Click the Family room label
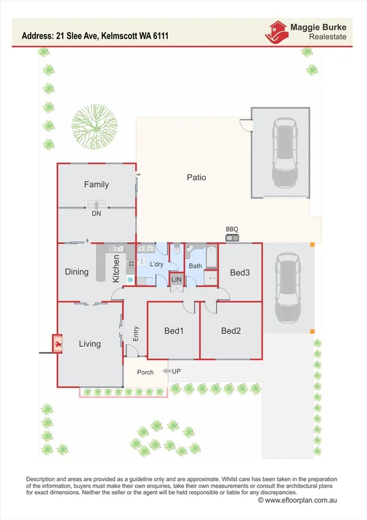(x=96, y=185)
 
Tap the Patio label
(x=196, y=178)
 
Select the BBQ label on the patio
(x=232, y=229)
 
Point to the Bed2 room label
(x=231, y=331)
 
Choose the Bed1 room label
(x=174, y=331)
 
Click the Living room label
(x=89, y=344)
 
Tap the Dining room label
(x=77, y=272)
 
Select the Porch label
(x=145, y=373)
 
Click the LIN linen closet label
(x=176, y=280)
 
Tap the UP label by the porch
(x=176, y=372)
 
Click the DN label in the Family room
(x=96, y=214)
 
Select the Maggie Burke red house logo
(x=277, y=31)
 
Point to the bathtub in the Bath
(x=211, y=258)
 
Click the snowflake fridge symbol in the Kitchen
(x=130, y=279)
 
